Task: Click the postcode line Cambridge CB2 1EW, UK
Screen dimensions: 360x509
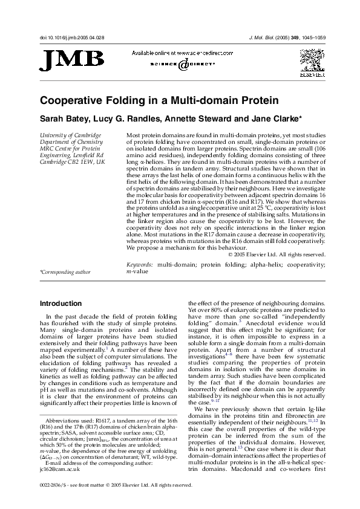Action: (x=72, y=163)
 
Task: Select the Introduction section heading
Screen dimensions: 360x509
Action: (x=61, y=303)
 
